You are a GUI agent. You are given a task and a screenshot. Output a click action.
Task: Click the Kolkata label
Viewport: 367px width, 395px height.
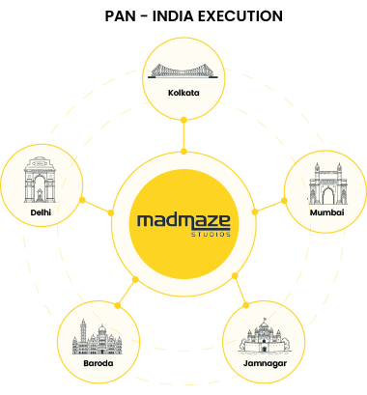[183, 93]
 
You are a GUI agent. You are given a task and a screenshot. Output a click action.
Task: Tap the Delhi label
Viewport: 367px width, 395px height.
[41, 212]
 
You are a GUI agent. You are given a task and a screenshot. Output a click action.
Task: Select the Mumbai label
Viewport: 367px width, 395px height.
[326, 212]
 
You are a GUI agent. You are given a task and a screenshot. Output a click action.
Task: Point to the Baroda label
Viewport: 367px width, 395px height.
[99, 363]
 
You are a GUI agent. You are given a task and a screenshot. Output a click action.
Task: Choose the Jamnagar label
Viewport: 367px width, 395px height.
[265, 363]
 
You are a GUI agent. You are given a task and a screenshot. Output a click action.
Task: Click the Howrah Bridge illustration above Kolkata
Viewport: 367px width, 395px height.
[183, 71]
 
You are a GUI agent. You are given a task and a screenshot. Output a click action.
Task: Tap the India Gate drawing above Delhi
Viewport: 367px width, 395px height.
[40, 180]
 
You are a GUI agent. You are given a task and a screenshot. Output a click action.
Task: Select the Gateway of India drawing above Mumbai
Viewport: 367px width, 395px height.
[327, 183]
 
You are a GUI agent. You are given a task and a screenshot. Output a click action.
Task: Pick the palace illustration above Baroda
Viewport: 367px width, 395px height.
[97, 337]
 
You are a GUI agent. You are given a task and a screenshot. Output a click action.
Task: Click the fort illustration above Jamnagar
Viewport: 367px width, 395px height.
[264, 335]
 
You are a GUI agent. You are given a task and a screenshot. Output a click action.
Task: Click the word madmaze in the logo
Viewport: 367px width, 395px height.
[183, 221]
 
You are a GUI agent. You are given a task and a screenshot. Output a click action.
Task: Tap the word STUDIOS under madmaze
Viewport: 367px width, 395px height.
[211, 234]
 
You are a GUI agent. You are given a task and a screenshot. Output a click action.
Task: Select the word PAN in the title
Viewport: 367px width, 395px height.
[121, 16]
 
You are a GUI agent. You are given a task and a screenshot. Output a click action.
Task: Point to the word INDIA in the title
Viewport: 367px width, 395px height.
[172, 16]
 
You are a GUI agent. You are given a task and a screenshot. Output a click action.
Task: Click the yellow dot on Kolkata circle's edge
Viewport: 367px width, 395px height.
[183, 120]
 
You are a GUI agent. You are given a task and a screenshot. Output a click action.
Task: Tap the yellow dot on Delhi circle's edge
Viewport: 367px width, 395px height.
[82, 200]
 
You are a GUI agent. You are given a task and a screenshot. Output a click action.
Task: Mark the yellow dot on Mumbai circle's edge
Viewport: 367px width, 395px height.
[284, 201]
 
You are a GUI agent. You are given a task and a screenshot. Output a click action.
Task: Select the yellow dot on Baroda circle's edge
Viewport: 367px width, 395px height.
[118, 305]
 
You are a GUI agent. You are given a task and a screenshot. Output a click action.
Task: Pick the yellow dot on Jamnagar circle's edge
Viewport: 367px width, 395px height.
[246, 305]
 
